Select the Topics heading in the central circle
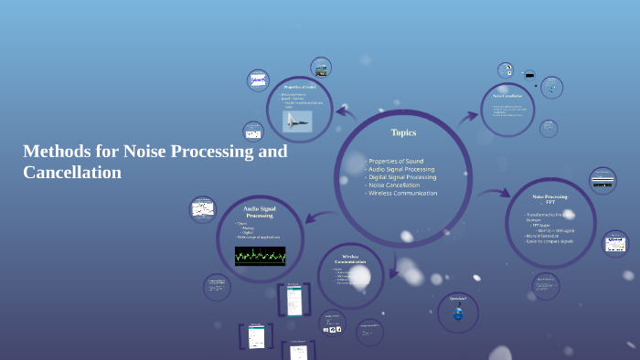click(x=403, y=132)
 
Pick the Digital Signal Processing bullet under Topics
click(x=403, y=177)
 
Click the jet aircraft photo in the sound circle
click(x=297, y=121)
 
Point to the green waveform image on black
click(x=260, y=255)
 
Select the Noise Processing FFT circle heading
click(x=550, y=199)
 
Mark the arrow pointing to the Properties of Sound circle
click(x=347, y=113)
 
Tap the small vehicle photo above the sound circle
click(x=323, y=69)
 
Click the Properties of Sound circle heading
click(x=299, y=87)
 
